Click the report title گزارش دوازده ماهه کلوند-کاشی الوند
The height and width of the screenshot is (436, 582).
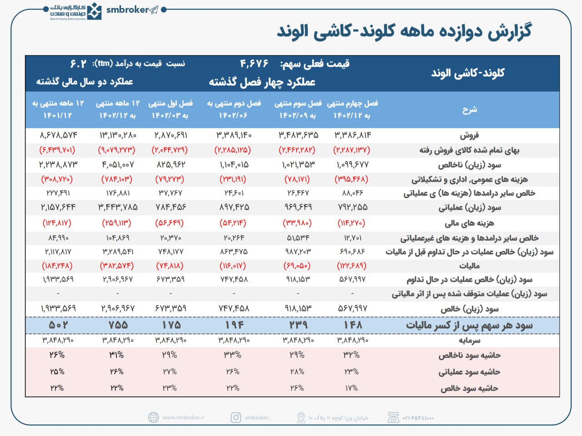click(404, 31)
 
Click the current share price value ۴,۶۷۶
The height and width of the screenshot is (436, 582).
click(254, 64)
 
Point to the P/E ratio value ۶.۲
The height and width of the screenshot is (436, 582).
click(78, 64)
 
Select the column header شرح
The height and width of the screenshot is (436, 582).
click(469, 110)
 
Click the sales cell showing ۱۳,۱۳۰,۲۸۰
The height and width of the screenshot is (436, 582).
click(117, 135)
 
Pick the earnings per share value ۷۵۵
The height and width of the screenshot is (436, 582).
click(117, 325)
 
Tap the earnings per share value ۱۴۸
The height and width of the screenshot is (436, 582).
click(352, 325)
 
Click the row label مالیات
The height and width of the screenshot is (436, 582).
click(469, 266)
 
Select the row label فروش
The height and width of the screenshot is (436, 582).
click(469, 135)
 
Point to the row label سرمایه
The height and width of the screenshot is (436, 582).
click(469, 340)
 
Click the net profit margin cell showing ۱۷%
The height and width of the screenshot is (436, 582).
click(351, 388)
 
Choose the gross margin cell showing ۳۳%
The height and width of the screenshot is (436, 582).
click(233, 355)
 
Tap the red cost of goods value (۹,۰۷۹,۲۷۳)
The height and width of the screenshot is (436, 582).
click(117, 150)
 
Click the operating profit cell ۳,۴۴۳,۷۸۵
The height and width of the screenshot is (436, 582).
click(117, 208)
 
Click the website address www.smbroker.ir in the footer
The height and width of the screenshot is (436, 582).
click(183, 417)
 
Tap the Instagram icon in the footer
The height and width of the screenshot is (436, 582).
click(236, 417)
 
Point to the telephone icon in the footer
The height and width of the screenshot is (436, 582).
click(393, 417)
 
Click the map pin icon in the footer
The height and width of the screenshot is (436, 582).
click(301, 417)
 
